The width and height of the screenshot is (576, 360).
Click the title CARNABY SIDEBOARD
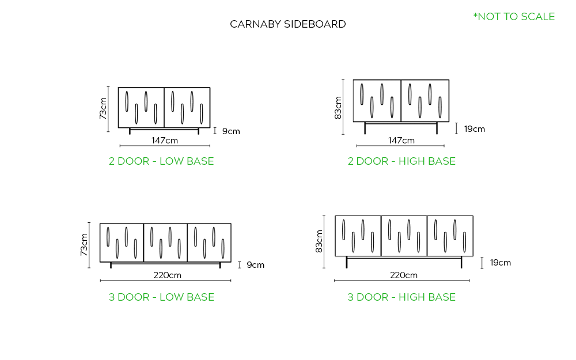tap(287, 24)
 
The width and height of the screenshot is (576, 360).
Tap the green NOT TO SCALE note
tap(514, 17)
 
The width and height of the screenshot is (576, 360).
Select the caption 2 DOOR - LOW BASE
tap(161, 161)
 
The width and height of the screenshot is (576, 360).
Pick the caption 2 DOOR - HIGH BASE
tap(401, 161)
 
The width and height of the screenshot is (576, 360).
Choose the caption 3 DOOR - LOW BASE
tap(161, 297)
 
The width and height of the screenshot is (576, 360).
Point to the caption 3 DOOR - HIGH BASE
tap(401, 297)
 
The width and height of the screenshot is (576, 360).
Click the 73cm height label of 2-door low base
tap(103, 108)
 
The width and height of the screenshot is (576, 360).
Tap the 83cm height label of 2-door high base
tap(338, 108)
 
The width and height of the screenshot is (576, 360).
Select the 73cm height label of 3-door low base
tap(84, 244)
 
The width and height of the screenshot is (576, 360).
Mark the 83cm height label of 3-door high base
tap(319, 241)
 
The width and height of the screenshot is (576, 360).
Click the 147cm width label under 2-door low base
tap(165, 140)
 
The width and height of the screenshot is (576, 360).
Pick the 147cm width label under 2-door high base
tap(401, 141)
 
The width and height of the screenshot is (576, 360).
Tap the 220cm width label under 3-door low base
tap(167, 275)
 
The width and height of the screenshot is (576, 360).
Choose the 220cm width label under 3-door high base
tap(404, 275)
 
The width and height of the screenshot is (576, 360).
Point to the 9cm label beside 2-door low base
tap(231, 131)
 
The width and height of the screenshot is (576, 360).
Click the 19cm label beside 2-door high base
tap(475, 129)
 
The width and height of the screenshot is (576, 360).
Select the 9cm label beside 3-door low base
tap(255, 265)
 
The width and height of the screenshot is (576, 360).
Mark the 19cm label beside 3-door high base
tap(500, 263)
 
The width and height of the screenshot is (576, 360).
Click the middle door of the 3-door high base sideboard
tap(404, 236)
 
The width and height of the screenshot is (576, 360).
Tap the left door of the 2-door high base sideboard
tap(377, 100)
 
